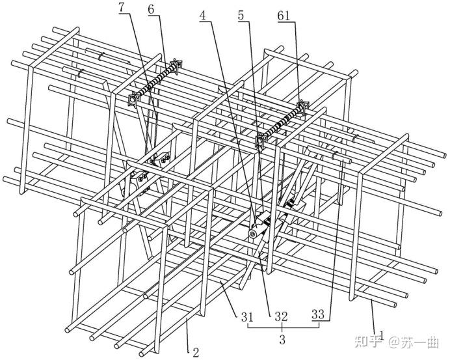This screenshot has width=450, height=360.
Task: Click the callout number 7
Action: [x=122, y=8]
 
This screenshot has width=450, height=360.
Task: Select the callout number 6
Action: [x=152, y=10]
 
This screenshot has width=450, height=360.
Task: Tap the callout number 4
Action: [x=203, y=16]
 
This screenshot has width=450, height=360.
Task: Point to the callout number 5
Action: [x=241, y=16]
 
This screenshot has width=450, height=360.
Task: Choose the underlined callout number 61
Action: [x=284, y=16]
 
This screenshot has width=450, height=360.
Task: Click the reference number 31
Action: [x=247, y=316]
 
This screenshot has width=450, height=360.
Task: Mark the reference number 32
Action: [x=281, y=316]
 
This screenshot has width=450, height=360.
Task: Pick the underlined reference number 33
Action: [x=318, y=315]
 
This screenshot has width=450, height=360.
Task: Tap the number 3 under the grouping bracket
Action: [x=283, y=339]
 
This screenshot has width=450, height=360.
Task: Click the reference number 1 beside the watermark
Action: [x=382, y=335]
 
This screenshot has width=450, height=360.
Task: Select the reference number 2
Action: [x=196, y=353]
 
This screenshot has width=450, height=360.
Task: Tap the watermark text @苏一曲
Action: [x=414, y=342]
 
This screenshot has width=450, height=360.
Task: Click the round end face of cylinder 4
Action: [x=253, y=234]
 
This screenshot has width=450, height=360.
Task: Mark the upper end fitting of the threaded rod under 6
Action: [x=176, y=64]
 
